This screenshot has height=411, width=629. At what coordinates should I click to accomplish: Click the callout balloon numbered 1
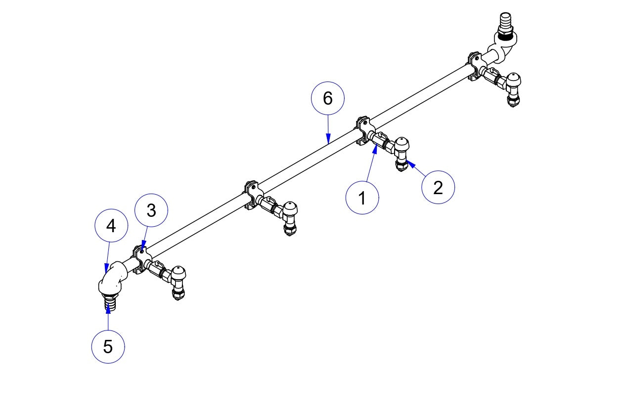362,198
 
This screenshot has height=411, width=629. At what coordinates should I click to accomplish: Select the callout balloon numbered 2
438,187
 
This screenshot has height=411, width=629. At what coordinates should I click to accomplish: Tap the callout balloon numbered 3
151,211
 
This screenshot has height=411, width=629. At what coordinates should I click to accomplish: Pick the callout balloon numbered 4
111,226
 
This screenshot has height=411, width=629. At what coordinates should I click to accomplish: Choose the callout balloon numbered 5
108,347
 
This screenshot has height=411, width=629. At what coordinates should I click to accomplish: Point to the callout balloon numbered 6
327,98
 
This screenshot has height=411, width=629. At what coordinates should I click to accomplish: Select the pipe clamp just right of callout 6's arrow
363,129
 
